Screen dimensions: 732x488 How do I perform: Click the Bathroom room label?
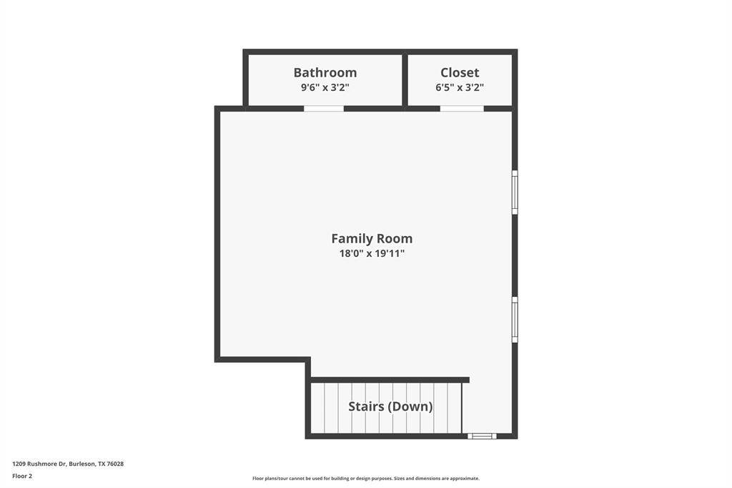(x=325, y=72)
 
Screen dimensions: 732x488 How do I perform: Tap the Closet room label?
(x=460, y=72)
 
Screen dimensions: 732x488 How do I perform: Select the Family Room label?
(x=372, y=238)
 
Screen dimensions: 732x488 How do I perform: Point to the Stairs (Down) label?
(x=390, y=406)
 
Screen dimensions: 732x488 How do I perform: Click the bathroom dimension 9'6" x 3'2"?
(x=325, y=87)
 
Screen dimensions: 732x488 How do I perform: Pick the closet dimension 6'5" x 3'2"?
(x=460, y=87)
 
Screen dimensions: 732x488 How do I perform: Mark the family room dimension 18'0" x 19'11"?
(x=372, y=253)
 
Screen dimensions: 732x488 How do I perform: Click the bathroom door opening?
(x=324, y=109)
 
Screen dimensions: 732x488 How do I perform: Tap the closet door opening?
(x=462, y=109)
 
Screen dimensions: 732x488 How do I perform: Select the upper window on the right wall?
(x=515, y=192)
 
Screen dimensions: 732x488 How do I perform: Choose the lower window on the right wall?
(x=515, y=320)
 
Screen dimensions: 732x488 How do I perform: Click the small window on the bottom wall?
(x=483, y=436)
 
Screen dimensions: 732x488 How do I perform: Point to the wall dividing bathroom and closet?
(x=405, y=80)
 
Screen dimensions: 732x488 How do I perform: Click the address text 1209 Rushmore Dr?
(x=39, y=464)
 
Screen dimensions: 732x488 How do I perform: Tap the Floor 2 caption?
(x=22, y=477)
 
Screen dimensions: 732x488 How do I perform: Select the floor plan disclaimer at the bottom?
(x=366, y=478)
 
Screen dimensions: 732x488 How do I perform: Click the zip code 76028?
(x=115, y=464)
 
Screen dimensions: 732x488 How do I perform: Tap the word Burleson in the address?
(x=82, y=464)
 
